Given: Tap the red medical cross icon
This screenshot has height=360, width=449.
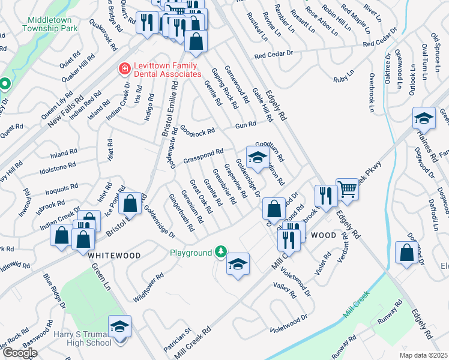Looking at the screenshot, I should (x=125, y=70).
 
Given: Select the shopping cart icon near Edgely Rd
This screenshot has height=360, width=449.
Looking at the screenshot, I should (x=347, y=190).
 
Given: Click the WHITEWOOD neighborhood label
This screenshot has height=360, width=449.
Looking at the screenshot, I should (x=114, y=255).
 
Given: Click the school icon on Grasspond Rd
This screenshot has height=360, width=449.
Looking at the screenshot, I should (x=257, y=158).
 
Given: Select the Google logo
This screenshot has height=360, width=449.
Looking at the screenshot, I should (x=19, y=353).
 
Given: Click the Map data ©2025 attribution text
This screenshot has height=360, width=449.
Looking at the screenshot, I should (x=423, y=356).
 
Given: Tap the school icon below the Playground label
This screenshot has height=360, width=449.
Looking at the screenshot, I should (x=238, y=264).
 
